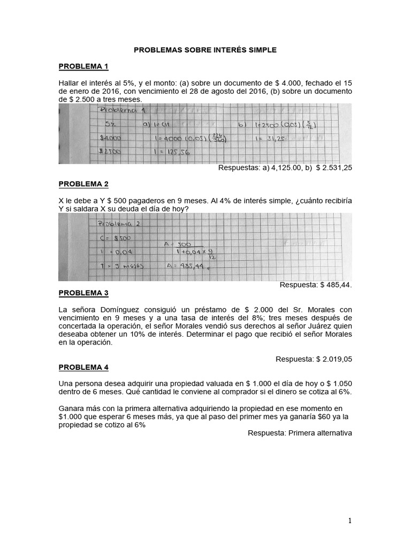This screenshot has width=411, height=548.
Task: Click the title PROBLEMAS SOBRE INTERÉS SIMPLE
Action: (205, 50)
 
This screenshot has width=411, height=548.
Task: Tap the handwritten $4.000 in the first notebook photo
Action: (110, 138)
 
